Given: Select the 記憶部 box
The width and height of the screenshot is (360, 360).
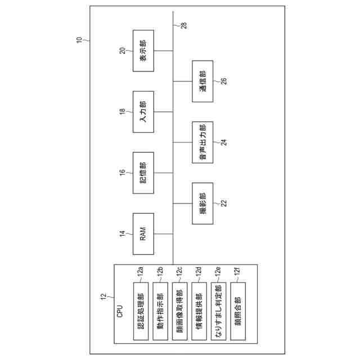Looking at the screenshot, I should click(143, 173).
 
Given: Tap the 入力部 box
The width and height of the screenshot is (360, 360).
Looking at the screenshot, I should click(143, 111).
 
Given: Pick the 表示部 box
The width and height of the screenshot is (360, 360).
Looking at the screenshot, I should click(143, 50).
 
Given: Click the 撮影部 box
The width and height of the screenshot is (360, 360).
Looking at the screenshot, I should click(202, 203).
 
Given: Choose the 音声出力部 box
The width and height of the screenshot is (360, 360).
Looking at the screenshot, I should click(202, 142).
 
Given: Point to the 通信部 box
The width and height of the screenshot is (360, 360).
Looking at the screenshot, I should click(202, 81).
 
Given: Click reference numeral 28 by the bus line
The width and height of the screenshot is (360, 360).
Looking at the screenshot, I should click(183, 25).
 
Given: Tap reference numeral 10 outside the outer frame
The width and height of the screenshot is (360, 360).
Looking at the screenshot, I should click(78, 40).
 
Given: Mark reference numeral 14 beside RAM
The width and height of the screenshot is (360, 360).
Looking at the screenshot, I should click(122, 233).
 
